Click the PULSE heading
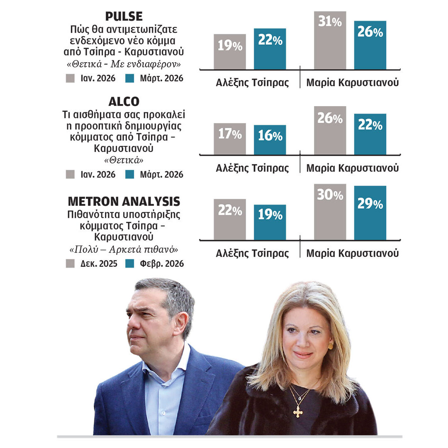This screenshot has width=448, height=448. (124, 17)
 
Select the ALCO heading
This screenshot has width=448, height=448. (124, 102)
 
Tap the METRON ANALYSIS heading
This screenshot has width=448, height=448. (124, 202)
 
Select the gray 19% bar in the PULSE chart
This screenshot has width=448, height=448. (230, 52)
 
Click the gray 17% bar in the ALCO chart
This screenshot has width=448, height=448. (230, 139)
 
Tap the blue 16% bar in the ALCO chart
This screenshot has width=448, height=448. (270, 140)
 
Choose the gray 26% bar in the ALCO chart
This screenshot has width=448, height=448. (330, 130)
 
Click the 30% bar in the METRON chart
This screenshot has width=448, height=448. (330, 212)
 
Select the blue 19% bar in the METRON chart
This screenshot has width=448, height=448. (270, 222)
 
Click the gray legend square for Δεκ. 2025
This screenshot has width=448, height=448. (71, 263)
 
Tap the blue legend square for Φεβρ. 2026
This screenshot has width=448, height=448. (130, 263)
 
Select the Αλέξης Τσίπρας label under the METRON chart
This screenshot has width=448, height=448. (252, 253)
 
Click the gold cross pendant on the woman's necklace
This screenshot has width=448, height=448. (297, 411)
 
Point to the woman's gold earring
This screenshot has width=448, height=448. (331, 346)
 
